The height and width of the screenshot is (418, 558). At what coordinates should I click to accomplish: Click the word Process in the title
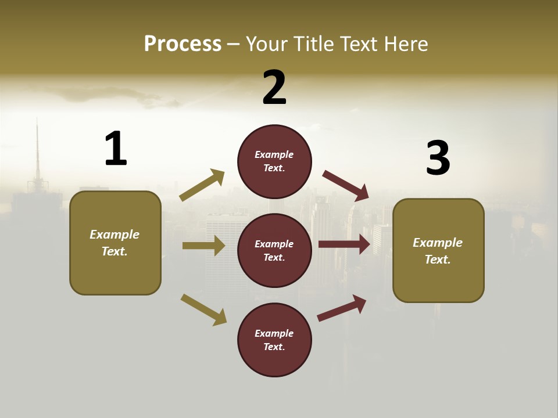pos(183,44)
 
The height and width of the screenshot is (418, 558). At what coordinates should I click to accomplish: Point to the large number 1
pos(116,149)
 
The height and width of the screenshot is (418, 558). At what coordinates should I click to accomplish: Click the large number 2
pos(274,88)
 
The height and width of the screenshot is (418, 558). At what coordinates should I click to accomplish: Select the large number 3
pos(438,158)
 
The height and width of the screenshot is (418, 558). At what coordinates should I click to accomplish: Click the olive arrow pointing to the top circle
pos(202,185)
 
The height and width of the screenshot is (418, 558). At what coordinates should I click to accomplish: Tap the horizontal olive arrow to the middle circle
pos(203,246)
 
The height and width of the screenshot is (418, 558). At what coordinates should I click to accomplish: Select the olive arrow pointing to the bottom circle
pos(203,309)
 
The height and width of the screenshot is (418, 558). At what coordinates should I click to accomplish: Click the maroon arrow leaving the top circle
pos(345,185)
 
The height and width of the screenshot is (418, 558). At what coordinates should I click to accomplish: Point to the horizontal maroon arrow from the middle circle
pos(344,244)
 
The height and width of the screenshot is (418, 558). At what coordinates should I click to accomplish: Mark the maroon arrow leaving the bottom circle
pos(342,308)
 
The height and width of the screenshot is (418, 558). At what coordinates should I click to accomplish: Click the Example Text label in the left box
pos(115,243)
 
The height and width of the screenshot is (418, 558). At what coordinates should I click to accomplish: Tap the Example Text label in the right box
pos(438,251)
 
